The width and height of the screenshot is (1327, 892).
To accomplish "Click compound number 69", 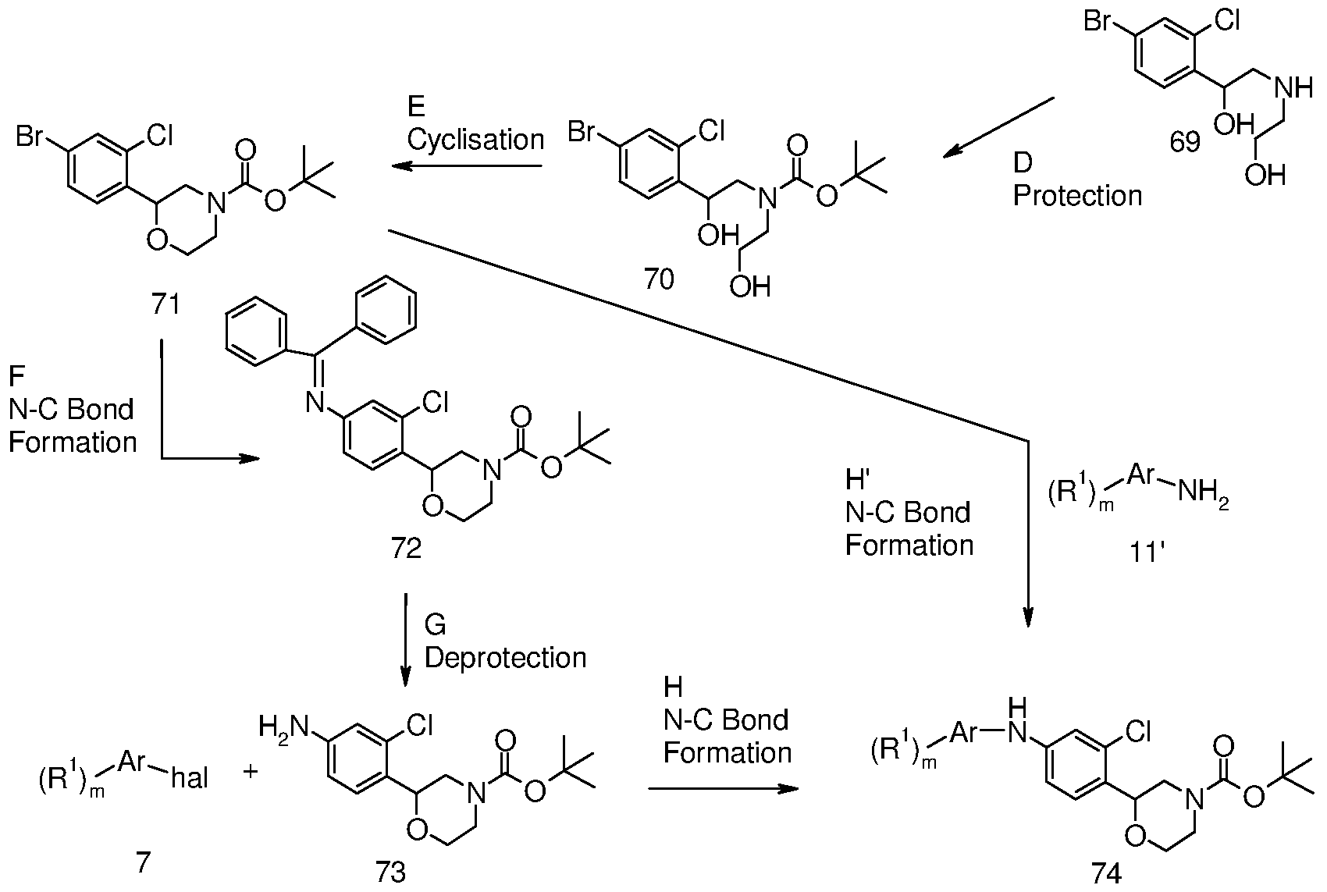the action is pyautogui.click(x=1185, y=142).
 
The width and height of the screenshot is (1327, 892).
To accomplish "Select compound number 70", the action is pyautogui.click(x=660, y=279).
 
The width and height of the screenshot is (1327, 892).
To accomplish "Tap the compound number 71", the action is pyautogui.click(x=165, y=304).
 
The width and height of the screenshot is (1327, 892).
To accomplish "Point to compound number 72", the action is pyautogui.click(x=406, y=549).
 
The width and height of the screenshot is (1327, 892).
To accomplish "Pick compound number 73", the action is pyautogui.click(x=390, y=872).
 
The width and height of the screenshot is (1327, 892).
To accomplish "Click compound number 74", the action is pyautogui.click(x=1106, y=873).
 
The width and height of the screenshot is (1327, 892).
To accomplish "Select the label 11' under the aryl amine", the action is pyautogui.click(x=1147, y=553).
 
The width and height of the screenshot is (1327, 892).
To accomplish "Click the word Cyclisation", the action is pyautogui.click(x=475, y=140).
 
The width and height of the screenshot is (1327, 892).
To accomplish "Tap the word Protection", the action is pyautogui.click(x=1077, y=195).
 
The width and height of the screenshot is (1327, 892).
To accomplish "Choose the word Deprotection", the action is pyautogui.click(x=505, y=657).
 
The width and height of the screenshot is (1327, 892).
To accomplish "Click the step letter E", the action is pyautogui.click(x=416, y=107).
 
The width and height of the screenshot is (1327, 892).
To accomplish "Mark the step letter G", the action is pyautogui.click(x=436, y=624).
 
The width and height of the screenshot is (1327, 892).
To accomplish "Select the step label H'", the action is pyautogui.click(x=856, y=479).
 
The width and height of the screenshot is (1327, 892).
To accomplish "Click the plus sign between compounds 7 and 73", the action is pyautogui.click(x=251, y=770).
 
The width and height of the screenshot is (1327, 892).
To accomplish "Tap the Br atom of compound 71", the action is pyautogui.click(x=30, y=137).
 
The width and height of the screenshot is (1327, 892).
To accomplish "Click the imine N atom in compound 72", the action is pyautogui.click(x=316, y=403).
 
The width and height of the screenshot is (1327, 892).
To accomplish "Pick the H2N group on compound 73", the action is pyautogui.click(x=284, y=726).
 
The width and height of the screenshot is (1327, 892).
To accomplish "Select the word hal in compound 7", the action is pyautogui.click(x=190, y=778).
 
